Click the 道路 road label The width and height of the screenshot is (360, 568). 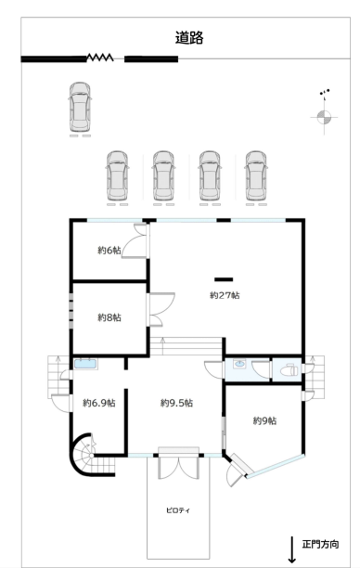[x=189, y=38]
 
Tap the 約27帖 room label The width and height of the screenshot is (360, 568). [x=225, y=295]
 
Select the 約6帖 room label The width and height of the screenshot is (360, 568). [x=109, y=251]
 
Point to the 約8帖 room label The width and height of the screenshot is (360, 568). [x=109, y=317]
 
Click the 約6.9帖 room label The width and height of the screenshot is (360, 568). [x=99, y=403]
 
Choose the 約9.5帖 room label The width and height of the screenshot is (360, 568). [x=176, y=403]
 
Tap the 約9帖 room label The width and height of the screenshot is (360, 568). [x=264, y=421]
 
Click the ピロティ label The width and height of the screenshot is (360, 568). [x=178, y=510]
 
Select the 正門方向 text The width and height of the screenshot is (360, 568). [x=320, y=544]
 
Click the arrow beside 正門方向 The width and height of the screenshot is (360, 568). [x=292, y=549]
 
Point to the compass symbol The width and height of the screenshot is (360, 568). [x=324, y=117]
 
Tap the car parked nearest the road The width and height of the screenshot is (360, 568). [x=80, y=108]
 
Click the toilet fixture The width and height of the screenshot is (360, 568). [x=289, y=370]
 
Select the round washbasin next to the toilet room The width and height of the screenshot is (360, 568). [x=239, y=363]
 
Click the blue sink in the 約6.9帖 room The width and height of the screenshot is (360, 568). [x=85, y=364]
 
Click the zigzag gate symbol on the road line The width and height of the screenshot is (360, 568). [x=100, y=58]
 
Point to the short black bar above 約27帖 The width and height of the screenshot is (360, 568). [x=224, y=279]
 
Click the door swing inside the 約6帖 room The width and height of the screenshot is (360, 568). [x=135, y=241]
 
